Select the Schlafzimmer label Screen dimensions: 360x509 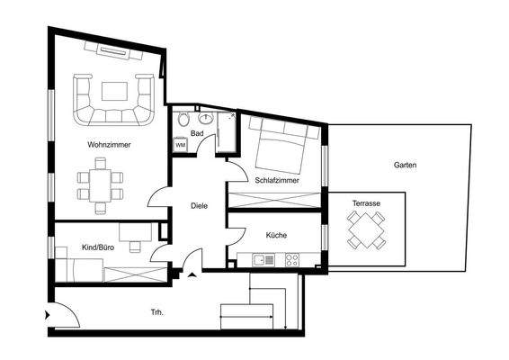pyautogui.click(x=277, y=180)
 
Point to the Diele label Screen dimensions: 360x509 pyautogui.click(x=200, y=206)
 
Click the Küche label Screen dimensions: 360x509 pyautogui.click(x=276, y=236)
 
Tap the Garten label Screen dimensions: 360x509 pyautogui.click(x=405, y=166)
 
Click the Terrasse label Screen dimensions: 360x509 pyautogui.click(x=366, y=205)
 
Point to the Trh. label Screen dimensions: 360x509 pyautogui.click(x=156, y=313)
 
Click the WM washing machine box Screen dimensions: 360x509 pyautogui.click(x=180, y=144)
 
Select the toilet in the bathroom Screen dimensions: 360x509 pyautogui.click(x=183, y=120)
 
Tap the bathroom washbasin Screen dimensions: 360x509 pyautogui.click(x=206, y=117)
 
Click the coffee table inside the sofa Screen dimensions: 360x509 pyautogui.click(x=113, y=90)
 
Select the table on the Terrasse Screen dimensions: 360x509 pyautogui.click(x=366, y=233)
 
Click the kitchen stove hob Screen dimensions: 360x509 pyautogui.click(x=292, y=259)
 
